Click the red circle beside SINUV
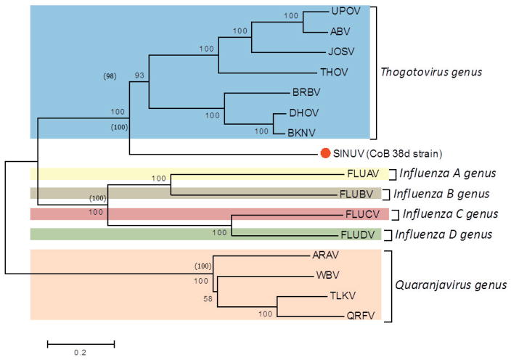coord(326,153)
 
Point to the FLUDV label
coord(356,235)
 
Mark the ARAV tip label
coord(324,255)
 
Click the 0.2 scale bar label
coord(81,353)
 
